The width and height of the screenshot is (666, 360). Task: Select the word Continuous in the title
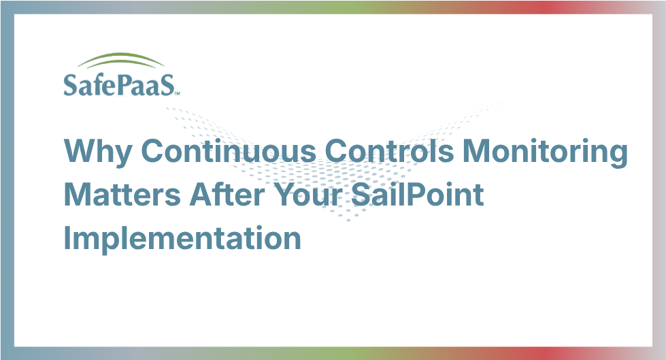pos(229,151)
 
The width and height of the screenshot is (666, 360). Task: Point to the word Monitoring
pos(545,152)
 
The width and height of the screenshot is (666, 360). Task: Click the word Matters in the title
pos(122,195)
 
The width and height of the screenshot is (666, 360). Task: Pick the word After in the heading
pos(227,194)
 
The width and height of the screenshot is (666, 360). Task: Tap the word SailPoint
pos(418,194)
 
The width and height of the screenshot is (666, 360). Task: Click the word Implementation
pos(182,240)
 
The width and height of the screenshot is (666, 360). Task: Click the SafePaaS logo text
pos(119,84)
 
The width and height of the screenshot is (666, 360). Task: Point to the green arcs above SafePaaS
pos(121,59)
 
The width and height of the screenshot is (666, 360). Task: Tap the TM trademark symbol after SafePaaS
pos(177,93)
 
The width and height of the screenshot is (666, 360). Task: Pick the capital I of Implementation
pos(67,238)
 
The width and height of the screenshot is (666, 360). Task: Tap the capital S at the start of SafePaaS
pos(70,84)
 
